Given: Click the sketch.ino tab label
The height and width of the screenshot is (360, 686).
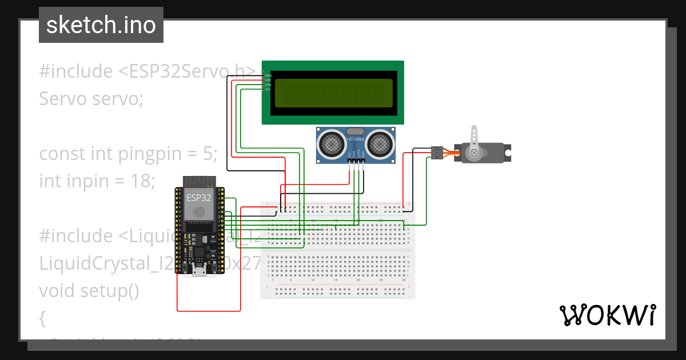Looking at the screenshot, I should tap(101, 25).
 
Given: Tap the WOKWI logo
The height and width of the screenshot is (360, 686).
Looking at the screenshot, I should tap(607, 315).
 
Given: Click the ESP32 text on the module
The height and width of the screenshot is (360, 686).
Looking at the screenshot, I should tap(198, 198).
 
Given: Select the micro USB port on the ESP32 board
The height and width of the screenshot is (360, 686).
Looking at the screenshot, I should tap(200, 270).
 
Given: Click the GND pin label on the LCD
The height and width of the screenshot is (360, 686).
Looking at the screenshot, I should tap(268, 75).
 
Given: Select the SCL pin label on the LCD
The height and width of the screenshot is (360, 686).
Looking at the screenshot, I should tap(268, 89).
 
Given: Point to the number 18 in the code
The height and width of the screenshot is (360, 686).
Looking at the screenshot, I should tap(137, 181).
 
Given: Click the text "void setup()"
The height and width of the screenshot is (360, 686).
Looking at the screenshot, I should tap(89, 291).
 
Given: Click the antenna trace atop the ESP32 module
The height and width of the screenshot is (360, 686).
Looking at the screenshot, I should tap(198, 181).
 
